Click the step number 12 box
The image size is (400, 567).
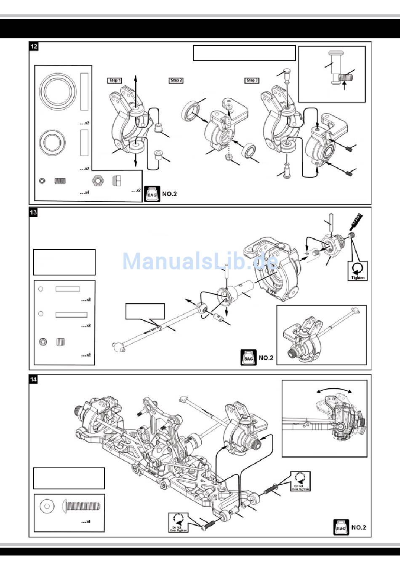click(34, 46)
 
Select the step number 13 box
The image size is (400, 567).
click(34, 212)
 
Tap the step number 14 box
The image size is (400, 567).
click(34, 379)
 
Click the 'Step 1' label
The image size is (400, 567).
click(114, 80)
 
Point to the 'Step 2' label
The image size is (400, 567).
click(176, 80)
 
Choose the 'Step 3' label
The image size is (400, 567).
click(252, 80)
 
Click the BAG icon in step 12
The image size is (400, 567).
click(152, 194)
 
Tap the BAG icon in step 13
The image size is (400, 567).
click(248, 358)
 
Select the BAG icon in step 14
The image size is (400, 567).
click(341, 527)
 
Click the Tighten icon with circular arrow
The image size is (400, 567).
click(357, 270)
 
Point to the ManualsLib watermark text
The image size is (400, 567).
click(200, 262)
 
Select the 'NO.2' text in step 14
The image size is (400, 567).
click(358, 527)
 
